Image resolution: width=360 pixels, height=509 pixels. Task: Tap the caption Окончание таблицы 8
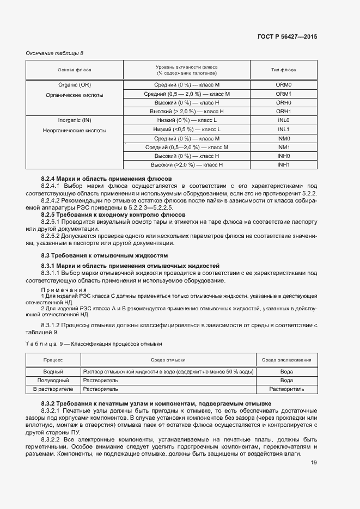(x=55, y=53)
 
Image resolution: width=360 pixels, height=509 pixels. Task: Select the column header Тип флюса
(x=283, y=70)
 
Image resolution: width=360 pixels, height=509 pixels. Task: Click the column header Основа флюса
(x=75, y=70)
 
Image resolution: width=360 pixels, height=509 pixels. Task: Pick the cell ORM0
(x=284, y=85)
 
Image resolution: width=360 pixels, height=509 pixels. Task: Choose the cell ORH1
(x=284, y=111)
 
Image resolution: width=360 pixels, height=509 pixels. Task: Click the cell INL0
(x=284, y=120)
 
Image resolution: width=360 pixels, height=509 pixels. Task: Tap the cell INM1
(x=284, y=147)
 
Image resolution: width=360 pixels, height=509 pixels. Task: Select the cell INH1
(x=284, y=164)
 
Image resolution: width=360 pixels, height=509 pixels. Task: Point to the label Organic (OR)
(x=75, y=85)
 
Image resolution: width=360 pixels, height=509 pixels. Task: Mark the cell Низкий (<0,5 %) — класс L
(x=186, y=129)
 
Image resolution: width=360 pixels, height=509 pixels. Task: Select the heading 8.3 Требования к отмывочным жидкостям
(x=105, y=255)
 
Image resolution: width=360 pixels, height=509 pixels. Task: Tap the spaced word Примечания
(x=64, y=290)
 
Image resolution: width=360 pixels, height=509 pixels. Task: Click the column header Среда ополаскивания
(x=286, y=360)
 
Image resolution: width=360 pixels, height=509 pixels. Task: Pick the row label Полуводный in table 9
(x=53, y=380)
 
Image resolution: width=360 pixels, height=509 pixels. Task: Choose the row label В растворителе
(x=53, y=389)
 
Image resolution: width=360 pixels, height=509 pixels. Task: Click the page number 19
(x=314, y=463)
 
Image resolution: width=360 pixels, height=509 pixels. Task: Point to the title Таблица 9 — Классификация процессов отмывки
(x=94, y=344)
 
